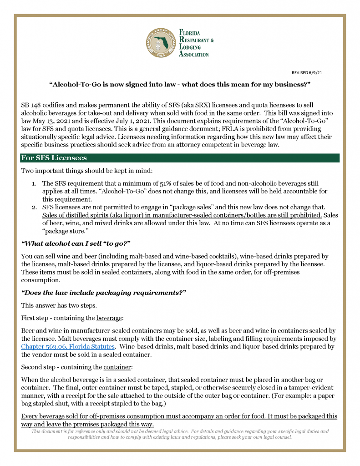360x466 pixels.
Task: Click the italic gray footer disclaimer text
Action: tap(180, 434)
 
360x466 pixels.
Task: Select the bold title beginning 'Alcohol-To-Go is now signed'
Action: tap(180, 85)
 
